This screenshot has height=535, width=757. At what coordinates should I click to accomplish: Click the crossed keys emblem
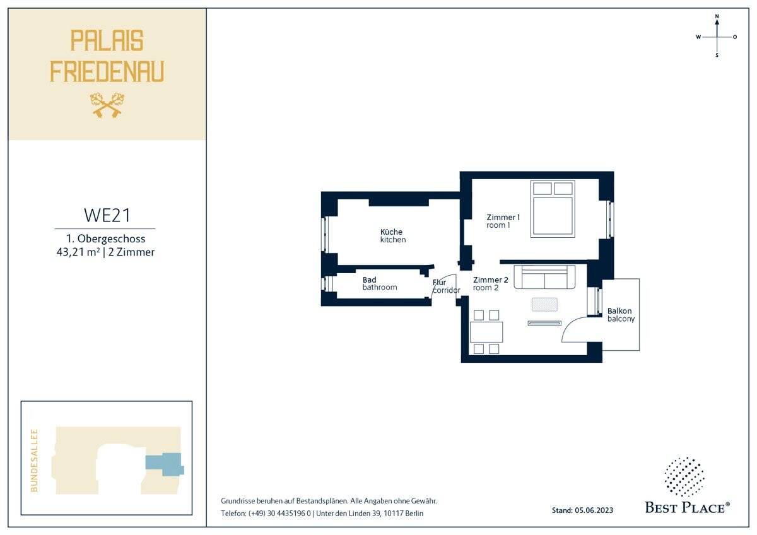(107, 105)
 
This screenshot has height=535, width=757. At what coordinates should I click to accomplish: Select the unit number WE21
(107, 215)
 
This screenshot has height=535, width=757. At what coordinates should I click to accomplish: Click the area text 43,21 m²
(78, 252)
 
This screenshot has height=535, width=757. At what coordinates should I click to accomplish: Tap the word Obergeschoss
(111, 239)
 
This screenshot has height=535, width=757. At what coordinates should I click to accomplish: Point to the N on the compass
(717, 16)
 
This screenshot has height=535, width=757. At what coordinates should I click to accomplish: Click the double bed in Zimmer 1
(553, 209)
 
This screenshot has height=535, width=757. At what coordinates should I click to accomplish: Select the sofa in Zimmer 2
(544, 277)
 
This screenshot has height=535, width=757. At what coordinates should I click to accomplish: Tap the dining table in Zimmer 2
(486, 332)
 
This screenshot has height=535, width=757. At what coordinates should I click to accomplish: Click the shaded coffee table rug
(544, 304)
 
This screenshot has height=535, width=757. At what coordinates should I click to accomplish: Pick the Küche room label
(391, 232)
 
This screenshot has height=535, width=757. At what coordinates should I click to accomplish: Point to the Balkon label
(619, 311)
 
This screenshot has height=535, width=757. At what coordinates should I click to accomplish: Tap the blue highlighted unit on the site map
(165, 464)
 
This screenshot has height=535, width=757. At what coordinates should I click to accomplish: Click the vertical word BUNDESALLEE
(35, 461)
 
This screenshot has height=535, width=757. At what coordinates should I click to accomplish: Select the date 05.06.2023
(594, 510)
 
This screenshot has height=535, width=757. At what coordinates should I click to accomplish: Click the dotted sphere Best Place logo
(684, 477)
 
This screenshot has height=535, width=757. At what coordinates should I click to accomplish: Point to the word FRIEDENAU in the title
(107, 72)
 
